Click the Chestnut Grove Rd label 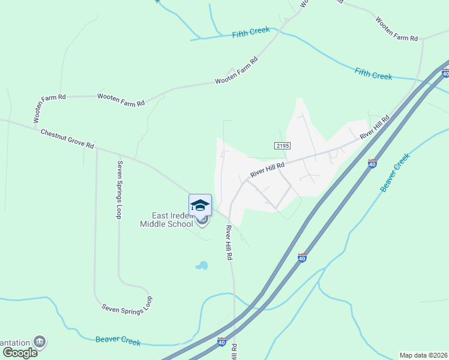(67, 138)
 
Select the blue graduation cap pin (200, 205)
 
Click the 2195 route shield (282, 146)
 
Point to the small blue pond (202, 265)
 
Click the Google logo (19, 352)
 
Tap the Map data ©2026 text (423, 355)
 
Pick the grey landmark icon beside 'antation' (40, 341)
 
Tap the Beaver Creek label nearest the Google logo (118, 341)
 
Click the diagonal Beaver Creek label (395, 173)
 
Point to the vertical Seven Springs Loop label (120, 190)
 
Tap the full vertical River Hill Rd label (229, 243)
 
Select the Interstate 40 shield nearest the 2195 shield (372, 163)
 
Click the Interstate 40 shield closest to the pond (303, 257)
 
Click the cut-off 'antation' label (15, 342)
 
